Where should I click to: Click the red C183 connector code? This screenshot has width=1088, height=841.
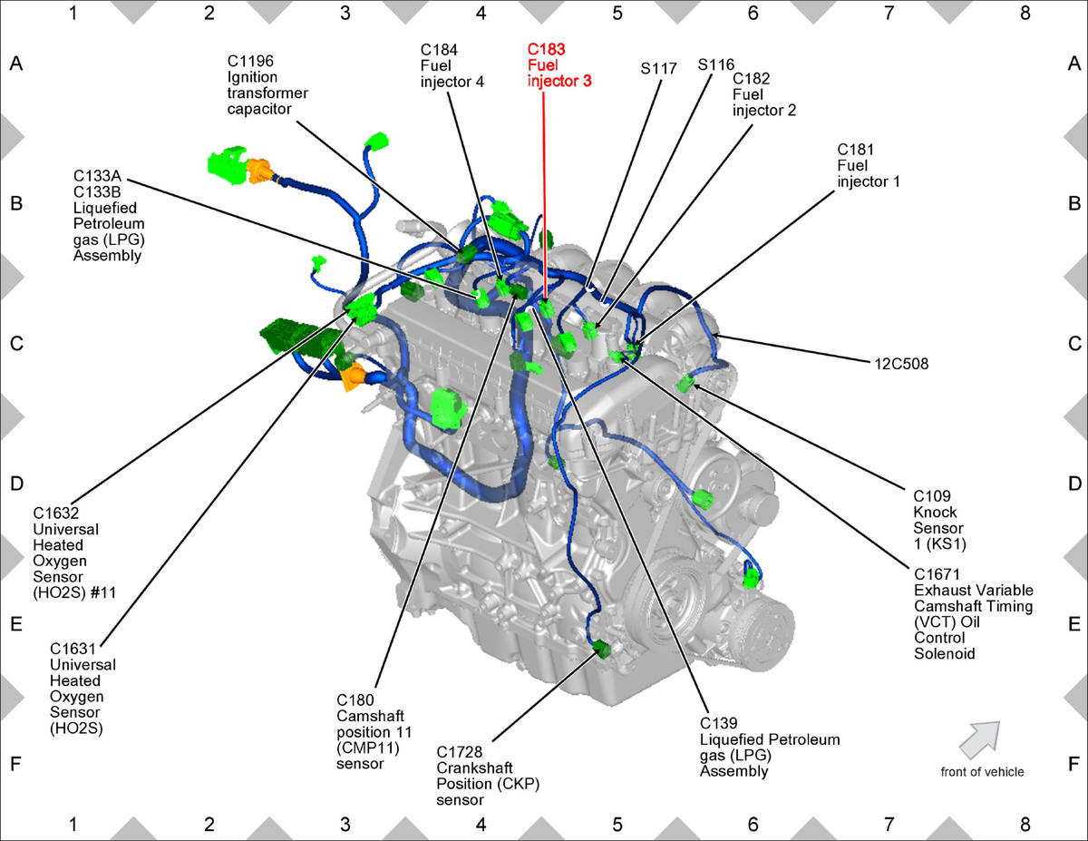(x=546, y=49)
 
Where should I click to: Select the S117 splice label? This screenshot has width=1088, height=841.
(x=658, y=68)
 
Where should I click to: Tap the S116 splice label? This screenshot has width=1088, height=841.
(x=716, y=64)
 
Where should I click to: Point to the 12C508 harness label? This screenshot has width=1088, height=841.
(x=901, y=364)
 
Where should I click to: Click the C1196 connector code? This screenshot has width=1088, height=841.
(x=250, y=61)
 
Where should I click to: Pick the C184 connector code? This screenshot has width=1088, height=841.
(x=439, y=50)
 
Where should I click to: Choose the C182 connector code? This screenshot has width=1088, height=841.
(x=751, y=79)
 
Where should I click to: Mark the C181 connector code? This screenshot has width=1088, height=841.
(x=856, y=150)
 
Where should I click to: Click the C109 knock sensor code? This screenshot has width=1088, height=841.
(x=932, y=496)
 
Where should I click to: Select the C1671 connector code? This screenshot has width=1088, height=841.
(x=937, y=574)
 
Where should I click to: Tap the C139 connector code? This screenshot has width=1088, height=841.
(x=718, y=723)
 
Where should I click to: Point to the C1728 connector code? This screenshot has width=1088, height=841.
(x=459, y=752)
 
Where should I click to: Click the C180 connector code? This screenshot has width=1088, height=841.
(x=355, y=699)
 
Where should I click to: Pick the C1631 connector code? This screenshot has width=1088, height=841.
(x=73, y=649)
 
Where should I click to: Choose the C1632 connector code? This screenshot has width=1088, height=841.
(x=56, y=513)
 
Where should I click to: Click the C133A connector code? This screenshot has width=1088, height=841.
(x=97, y=176)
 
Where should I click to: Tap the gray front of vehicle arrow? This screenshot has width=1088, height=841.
(x=980, y=739)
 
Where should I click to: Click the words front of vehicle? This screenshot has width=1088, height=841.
(x=982, y=772)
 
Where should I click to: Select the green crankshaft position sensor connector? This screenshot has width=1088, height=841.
(x=601, y=649)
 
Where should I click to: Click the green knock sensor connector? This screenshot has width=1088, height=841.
(x=685, y=384)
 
